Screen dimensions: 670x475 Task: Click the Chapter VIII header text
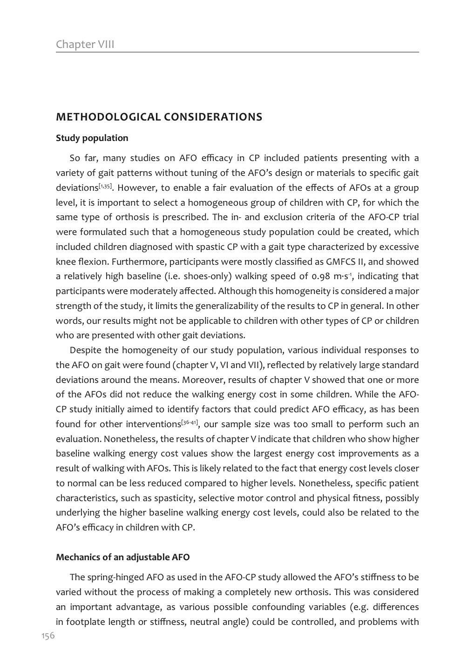85,44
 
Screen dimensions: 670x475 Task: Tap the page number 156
48,636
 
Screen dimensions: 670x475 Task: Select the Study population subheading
92,138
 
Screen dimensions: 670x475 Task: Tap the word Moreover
204,380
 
